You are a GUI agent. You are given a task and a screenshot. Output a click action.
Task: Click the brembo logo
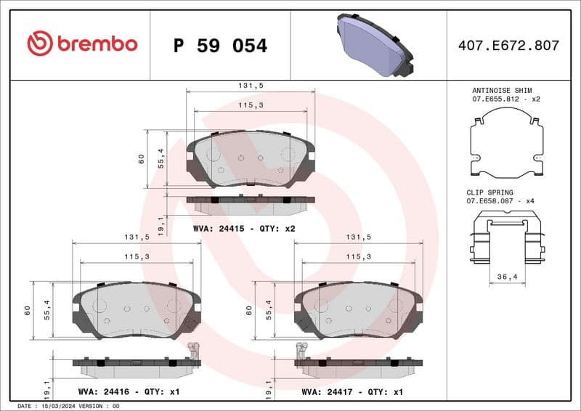[81, 44]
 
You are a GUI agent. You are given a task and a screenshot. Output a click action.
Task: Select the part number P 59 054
[221, 46]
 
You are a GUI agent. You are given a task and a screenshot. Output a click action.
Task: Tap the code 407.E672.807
[508, 46]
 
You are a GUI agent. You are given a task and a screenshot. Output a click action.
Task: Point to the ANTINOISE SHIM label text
[502, 90]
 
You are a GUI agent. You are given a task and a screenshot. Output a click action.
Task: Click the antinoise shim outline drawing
[507, 143]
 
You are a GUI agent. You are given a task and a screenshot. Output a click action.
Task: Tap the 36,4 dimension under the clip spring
[507, 276]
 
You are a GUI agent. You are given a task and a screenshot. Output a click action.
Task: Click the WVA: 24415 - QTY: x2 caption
[244, 228]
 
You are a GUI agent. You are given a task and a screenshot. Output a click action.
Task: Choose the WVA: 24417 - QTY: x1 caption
[352, 391]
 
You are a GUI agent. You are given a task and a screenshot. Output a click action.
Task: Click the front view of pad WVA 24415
[251, 159]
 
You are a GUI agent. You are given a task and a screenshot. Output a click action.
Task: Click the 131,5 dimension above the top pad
[251, 85]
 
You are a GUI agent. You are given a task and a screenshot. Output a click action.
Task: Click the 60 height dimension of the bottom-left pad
[27, 310]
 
